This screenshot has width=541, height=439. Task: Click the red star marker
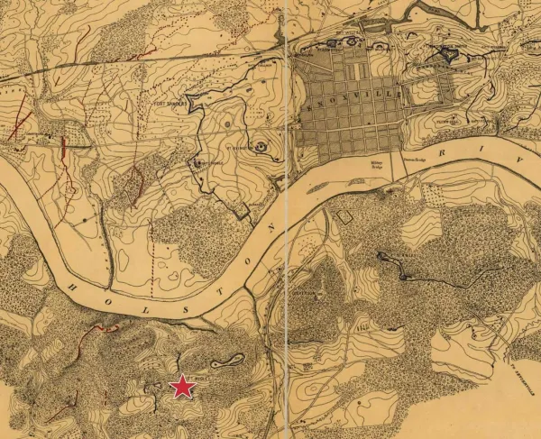point(183,387)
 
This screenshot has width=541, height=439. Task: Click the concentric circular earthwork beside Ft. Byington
point(261,144)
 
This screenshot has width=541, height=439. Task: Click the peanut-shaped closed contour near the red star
point(226,363)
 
